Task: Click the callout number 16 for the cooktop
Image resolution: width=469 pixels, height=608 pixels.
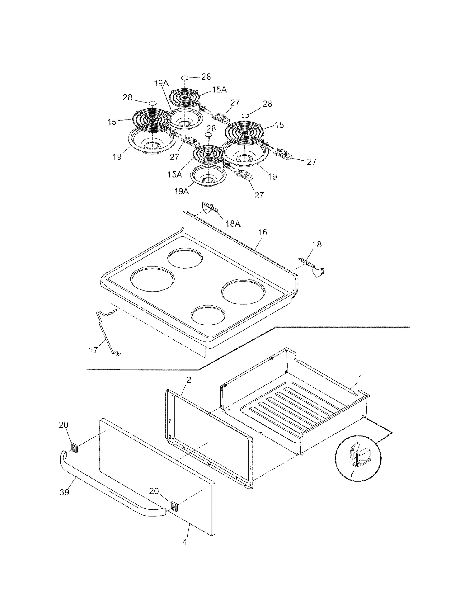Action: click(263, 232)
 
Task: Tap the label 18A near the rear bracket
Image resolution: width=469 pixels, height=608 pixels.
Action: click(233, 224)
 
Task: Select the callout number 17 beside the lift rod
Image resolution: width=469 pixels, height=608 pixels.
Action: click(93, 350)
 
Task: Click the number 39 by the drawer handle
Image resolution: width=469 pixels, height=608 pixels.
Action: click(64, 492)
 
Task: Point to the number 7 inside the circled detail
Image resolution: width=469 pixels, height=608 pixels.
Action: click(352, 473)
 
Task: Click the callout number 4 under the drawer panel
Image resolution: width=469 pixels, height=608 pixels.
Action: click(185, 542)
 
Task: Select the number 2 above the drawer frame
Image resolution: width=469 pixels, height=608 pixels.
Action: click(188, 380)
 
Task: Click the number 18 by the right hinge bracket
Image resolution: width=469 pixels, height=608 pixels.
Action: click(317, 244)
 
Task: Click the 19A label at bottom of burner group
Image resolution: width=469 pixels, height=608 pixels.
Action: click(181, 191)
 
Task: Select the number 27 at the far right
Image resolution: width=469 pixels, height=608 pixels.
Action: click(312, 161)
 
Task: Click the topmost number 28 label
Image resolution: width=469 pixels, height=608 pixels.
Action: click(206, 77)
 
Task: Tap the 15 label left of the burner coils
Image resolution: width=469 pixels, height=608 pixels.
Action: click(112, 122)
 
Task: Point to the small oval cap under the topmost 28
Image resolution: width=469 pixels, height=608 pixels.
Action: click(185, 78)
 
